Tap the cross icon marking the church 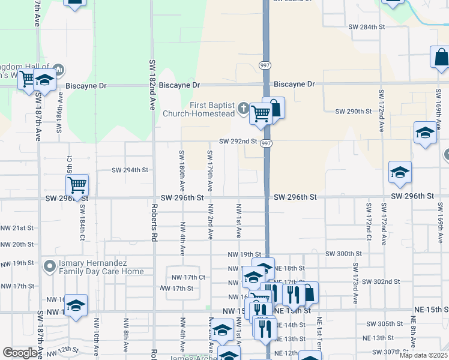[x=243, y=109]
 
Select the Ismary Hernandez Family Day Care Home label [x=101, y=267]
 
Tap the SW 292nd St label [x=238, y=142]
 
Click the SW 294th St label [x=130, y=170]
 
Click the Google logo [x=20, y=353]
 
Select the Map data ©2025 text [x=423, y=355]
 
